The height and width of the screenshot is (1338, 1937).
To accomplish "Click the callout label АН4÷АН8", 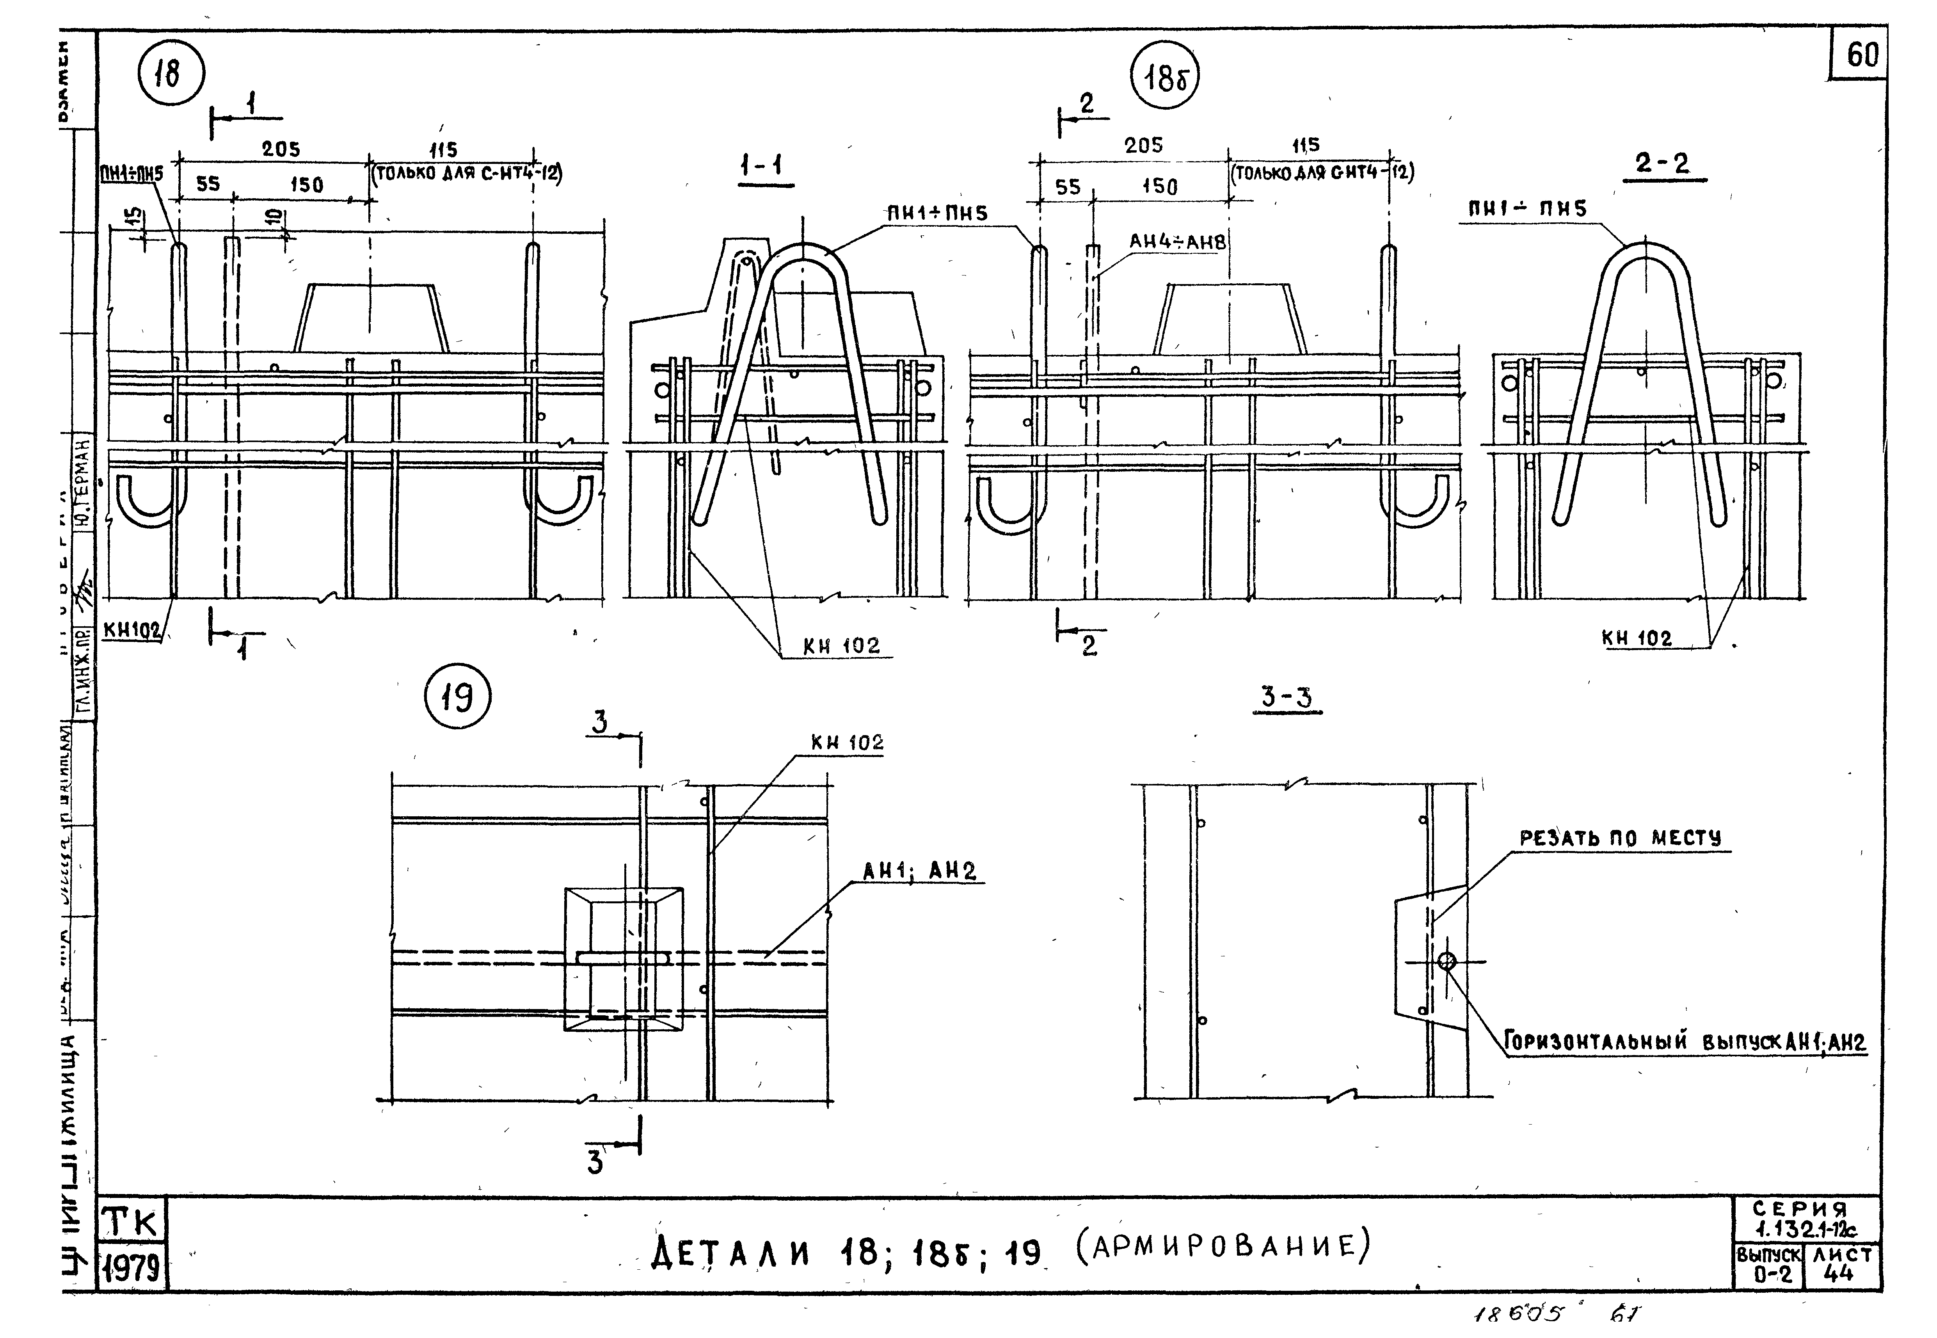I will point(1177,242).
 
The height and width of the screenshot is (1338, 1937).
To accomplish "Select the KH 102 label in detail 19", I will point(846,743).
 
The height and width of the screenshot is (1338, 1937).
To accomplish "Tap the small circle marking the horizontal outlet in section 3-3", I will point(1447,961).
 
